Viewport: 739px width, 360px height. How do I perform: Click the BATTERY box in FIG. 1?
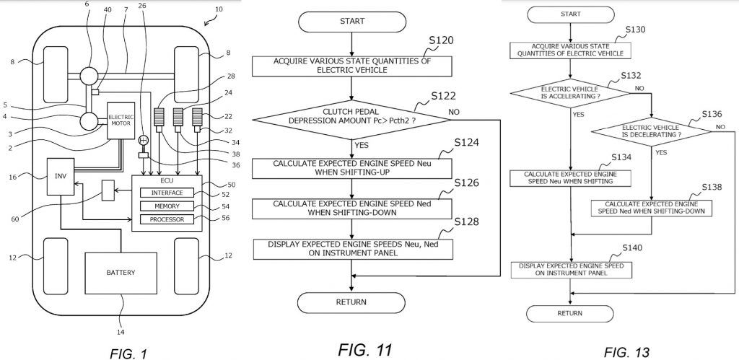(x=121, y=273)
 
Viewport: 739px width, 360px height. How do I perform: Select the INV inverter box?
(x=61, y=177)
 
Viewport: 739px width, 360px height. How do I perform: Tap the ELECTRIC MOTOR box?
(x=121, y=120)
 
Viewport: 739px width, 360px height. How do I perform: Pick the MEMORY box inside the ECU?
(x=167, y=206)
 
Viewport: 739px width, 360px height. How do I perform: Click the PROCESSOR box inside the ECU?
(x=167, y=219)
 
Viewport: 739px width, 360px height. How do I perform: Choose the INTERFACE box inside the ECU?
(x=167, y=193)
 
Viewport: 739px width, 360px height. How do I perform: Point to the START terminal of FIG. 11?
(x=351, y=21)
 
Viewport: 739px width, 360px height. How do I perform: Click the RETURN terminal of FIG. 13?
(x=570, y=313)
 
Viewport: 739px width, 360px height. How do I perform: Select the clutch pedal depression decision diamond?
(x=351, y=120)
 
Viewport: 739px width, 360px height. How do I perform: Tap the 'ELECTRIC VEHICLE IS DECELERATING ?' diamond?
(x=651, y=131)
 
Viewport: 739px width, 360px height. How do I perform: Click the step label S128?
(x=467, y=222)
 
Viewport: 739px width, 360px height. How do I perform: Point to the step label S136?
(x=711, y=115)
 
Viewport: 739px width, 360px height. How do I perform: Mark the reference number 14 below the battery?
(x=121, y=332)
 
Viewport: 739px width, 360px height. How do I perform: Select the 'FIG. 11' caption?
(x=364, y=350)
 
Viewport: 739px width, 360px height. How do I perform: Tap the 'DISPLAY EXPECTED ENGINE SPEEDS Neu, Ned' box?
(x=353, y=250)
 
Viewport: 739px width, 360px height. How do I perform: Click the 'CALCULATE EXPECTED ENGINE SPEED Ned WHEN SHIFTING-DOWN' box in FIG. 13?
(x=652, y=208)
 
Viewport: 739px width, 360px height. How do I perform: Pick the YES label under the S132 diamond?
(x=578, y=114)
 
